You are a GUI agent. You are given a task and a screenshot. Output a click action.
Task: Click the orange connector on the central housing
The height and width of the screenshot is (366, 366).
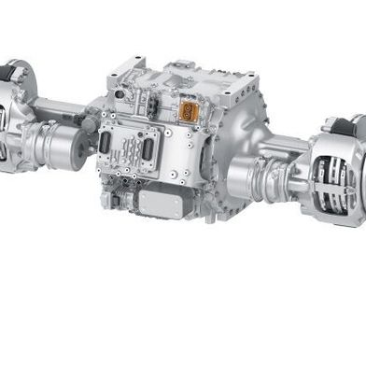click(189, 109)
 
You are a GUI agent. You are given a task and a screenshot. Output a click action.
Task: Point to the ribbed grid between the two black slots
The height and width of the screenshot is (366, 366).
click(125, 147)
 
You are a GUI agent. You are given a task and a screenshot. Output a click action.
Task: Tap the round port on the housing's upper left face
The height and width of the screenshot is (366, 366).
click(90, 122)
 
